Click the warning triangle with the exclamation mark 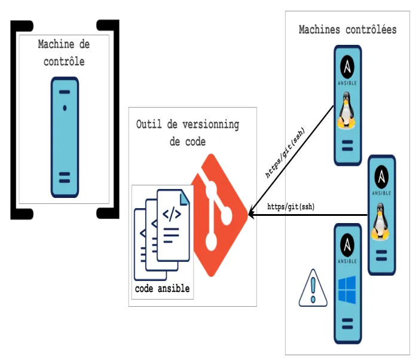[x=313, y=289]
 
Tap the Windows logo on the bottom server [x=347, y=290]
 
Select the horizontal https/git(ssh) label [x=290, y=206]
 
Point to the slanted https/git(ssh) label [x=285, y=153]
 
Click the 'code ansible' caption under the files [x=162, y=289]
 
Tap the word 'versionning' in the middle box [x=211, y=124]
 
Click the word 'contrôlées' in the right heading [x=371, y=30]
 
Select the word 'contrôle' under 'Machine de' [x=64, y=62]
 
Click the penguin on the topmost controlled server [x=346, y=111]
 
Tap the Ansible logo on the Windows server [x=347, y=248]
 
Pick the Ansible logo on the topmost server [x=347, y=71]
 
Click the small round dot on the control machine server [x=65, y=108]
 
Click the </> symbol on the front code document [x=172, y=213]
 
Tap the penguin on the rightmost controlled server [x=380, y=221]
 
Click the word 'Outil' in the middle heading [x=149, y=124]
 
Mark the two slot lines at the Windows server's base [x=347, y=324]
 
